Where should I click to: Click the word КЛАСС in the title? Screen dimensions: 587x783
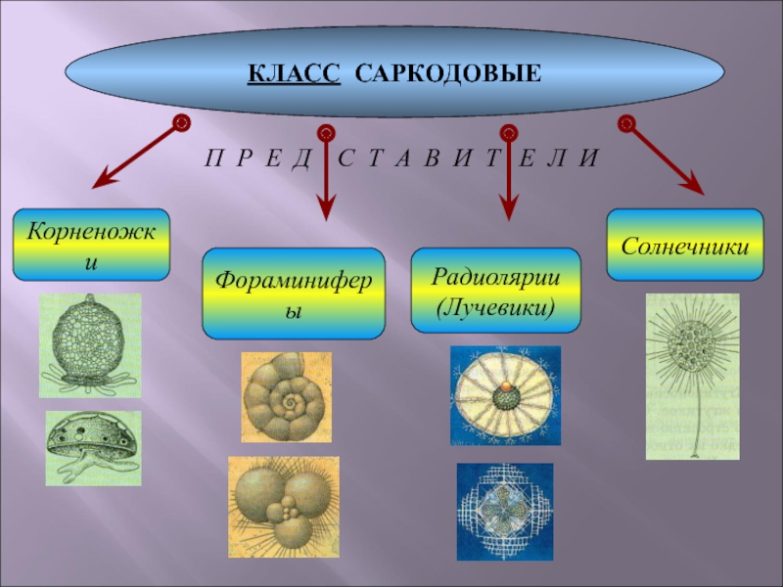293,74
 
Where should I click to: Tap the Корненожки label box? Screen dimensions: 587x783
91,244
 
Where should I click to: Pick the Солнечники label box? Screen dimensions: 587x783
685,245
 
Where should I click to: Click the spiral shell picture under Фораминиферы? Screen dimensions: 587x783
287,397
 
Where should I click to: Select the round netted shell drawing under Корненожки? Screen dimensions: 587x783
90,343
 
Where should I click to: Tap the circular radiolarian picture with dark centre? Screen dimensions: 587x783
505,395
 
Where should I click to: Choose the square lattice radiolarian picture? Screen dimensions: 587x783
505,511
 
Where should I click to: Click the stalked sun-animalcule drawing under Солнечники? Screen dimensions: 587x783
692,377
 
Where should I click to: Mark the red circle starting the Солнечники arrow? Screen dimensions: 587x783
627,123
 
